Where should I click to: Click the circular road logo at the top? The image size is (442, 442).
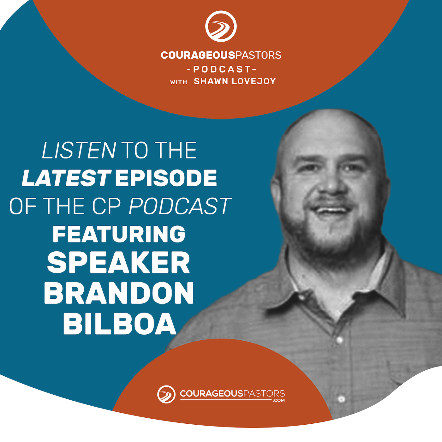click(x=221, y=26)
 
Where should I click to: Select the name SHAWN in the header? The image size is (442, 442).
click(x=211, y=81)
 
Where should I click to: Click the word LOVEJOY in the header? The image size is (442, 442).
click(x=254, y=81)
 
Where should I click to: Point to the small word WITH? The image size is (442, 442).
click(x=178, y=82)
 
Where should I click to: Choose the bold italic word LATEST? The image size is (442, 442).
click(x=66, y=178)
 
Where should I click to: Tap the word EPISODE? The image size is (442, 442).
click(x=166, y=178)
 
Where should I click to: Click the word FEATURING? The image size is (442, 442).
click(x=119, y=234)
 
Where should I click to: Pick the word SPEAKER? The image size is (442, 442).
click(x=119, y=263)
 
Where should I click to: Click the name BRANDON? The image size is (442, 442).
click(x=119, y=293)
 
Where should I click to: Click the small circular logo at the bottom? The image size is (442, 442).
click(x=166, y=394)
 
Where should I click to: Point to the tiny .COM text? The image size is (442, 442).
click(x=279, y=400)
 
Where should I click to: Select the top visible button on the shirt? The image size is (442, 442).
click(x=340, y=340)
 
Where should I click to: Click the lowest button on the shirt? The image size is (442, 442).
click(x=341, y=399)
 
